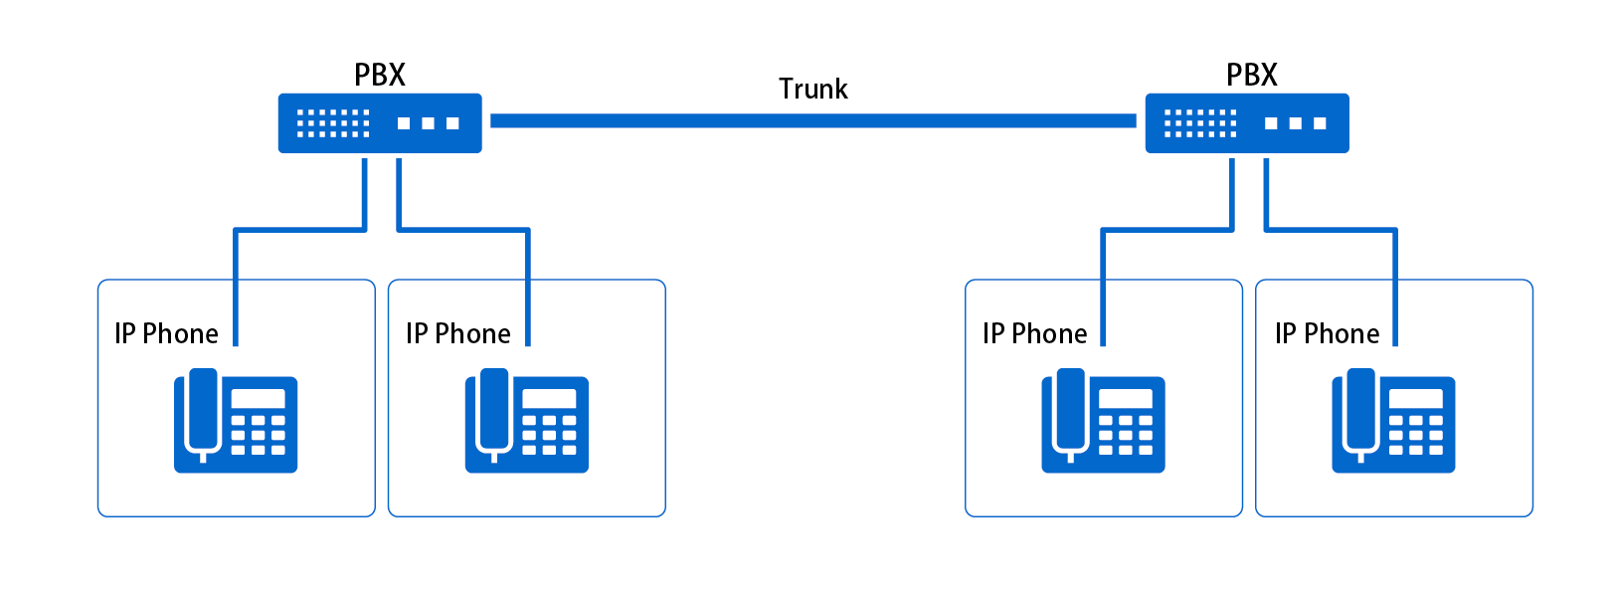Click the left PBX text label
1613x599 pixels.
(x=380, y=76)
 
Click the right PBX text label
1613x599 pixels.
(x=1251, y=76)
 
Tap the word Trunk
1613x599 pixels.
(x=812, y=90)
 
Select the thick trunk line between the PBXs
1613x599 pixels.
(x=812, y=121)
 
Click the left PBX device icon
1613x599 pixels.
(x=380, y=123)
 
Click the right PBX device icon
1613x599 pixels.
(x=1247, y=123)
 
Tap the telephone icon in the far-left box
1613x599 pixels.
(x=236, y=421)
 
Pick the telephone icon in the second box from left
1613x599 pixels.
(x=526, y=421)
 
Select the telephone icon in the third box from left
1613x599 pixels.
(x=1103, y=421)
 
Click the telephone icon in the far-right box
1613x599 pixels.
(x=1393, y=421)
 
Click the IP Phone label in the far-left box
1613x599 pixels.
(x=166, y=334)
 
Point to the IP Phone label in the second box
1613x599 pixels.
(x=457, y=334)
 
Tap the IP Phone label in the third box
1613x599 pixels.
(x=1034, y=334)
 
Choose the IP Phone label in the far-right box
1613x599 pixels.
(x=1327, y=334)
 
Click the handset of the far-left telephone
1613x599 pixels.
(x=203, y=410)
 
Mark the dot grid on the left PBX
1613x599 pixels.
(x=333, y=123)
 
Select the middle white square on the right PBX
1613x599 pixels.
(x=1296, y=123)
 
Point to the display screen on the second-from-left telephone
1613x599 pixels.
(x=549, y=399)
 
